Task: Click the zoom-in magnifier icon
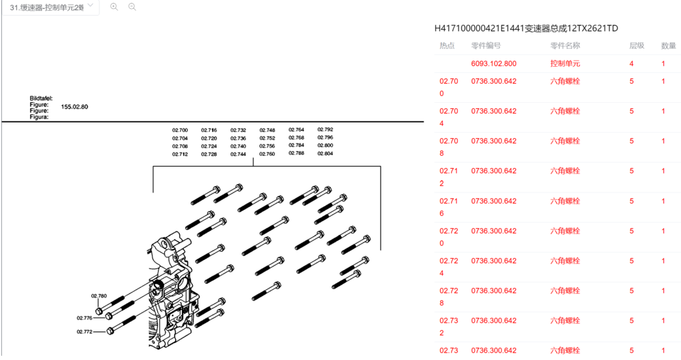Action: pyautogui.click(x=114, y=7)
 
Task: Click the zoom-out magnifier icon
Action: pyautogui.click(x=132, y=7)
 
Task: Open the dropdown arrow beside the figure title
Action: pyautogui.click(x=91, y=5)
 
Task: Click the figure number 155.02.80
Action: pyautogui.click(x=74, y=107)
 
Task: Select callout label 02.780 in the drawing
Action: pyautogui.click(x=99, y=296)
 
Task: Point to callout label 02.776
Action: pyautogui.click(x=84, y=318)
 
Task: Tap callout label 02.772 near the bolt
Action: pyautogui.click(x=84, y=332)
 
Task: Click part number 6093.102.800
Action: pyautogui.click(x=494, y=63)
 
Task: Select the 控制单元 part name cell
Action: pyautogui.click(x=565, y=63)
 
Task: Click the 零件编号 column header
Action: pyautogui.click(x=486, y=46)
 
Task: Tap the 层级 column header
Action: pyautogui.click(x=637, y=46)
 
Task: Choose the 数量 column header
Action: pyautogui.click(x=669, y=46)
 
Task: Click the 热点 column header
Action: pyautogui.click(x=447, y=46)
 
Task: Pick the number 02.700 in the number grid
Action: pyautogui.click(x=180, y=130)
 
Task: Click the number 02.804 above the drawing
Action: pyautogui.click(x=326, y=153)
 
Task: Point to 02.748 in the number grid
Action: pyautogui.click(x=267, y=130)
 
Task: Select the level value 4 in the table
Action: pyautogui.click(x=631, y=63)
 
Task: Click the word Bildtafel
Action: pyautogui.click(x=41, y=99)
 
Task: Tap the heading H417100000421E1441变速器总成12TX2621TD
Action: pyautogui.click(x=526, y=28)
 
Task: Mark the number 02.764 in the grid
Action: pyautogui.click(x=296, y=130)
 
